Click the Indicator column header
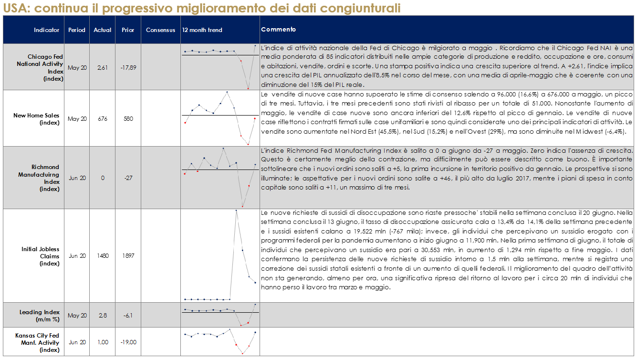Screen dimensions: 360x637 pyautogui.click(x=46, y=30)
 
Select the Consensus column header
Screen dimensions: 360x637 pyautogui.click(x=160, y=30)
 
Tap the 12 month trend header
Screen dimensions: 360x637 pyautogui.click(x=202, y=30)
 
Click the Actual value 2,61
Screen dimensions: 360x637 pyautogui.click(x=103, y=68)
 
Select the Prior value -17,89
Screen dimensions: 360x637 pyautogui.click(x=128, y=68)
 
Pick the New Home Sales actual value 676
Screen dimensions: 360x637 pyautogui.click(x=103, y=119)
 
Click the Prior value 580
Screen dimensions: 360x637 pyautogui.click(x=128, y=119)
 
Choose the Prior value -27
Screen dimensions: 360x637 pyautogui.click(x=128, y=178)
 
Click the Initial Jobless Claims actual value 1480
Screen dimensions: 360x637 pyautogui.click(x=103, y=256)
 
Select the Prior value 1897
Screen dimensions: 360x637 pyautogui.click(x=128, y=256)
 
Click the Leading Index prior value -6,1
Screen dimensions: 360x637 pyautogui.click(x=128, y=316)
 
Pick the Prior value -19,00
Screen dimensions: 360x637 pyautogui.click(x=128, y=342)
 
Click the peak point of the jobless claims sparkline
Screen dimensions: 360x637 pyautogui.click(x=236, y=211)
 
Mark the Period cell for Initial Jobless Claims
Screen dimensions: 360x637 pyautogui.click(x=77, y=256)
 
